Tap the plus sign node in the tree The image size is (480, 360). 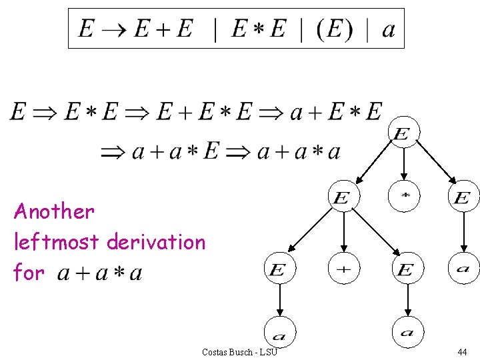coord(343,269)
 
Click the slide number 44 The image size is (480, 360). coord(462,351)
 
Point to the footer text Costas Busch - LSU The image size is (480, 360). coord(239,351)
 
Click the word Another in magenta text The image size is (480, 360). coord(54,211)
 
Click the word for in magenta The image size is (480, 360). coord(29,272)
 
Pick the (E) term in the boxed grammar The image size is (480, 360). coord(333,29)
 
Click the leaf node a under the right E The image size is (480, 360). coord(463,269)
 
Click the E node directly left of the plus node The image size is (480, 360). coord(279,269)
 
